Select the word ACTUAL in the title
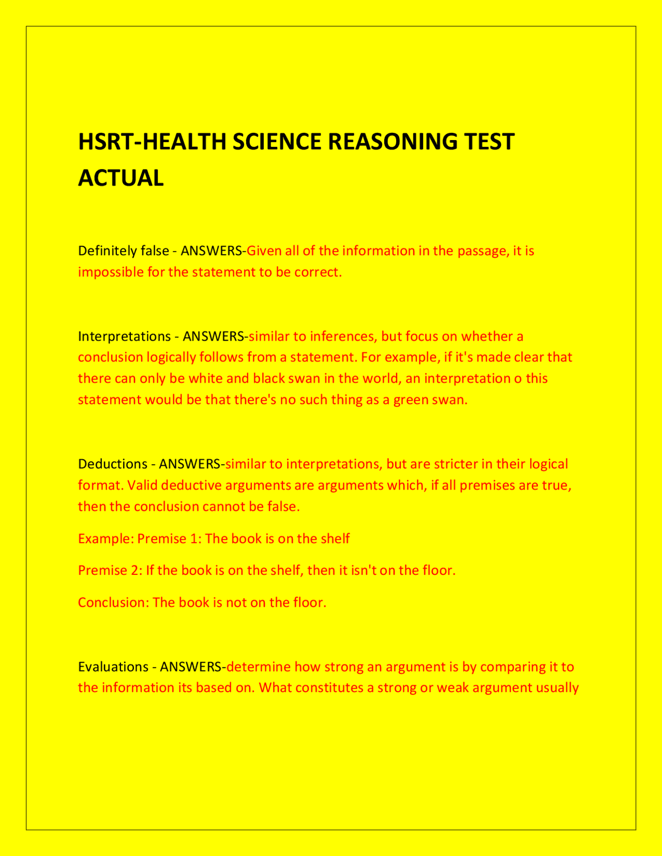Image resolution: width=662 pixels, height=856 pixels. [121, 178]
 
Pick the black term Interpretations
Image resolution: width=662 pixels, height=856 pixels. [124, 337]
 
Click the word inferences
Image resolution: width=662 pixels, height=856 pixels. [343, 337]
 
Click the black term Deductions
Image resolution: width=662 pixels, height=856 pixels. [113, 464]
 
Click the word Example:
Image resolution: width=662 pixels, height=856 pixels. [106, 539]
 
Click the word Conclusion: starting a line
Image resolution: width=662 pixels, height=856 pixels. [113, 603]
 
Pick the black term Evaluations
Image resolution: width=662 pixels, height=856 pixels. [113, 667]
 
